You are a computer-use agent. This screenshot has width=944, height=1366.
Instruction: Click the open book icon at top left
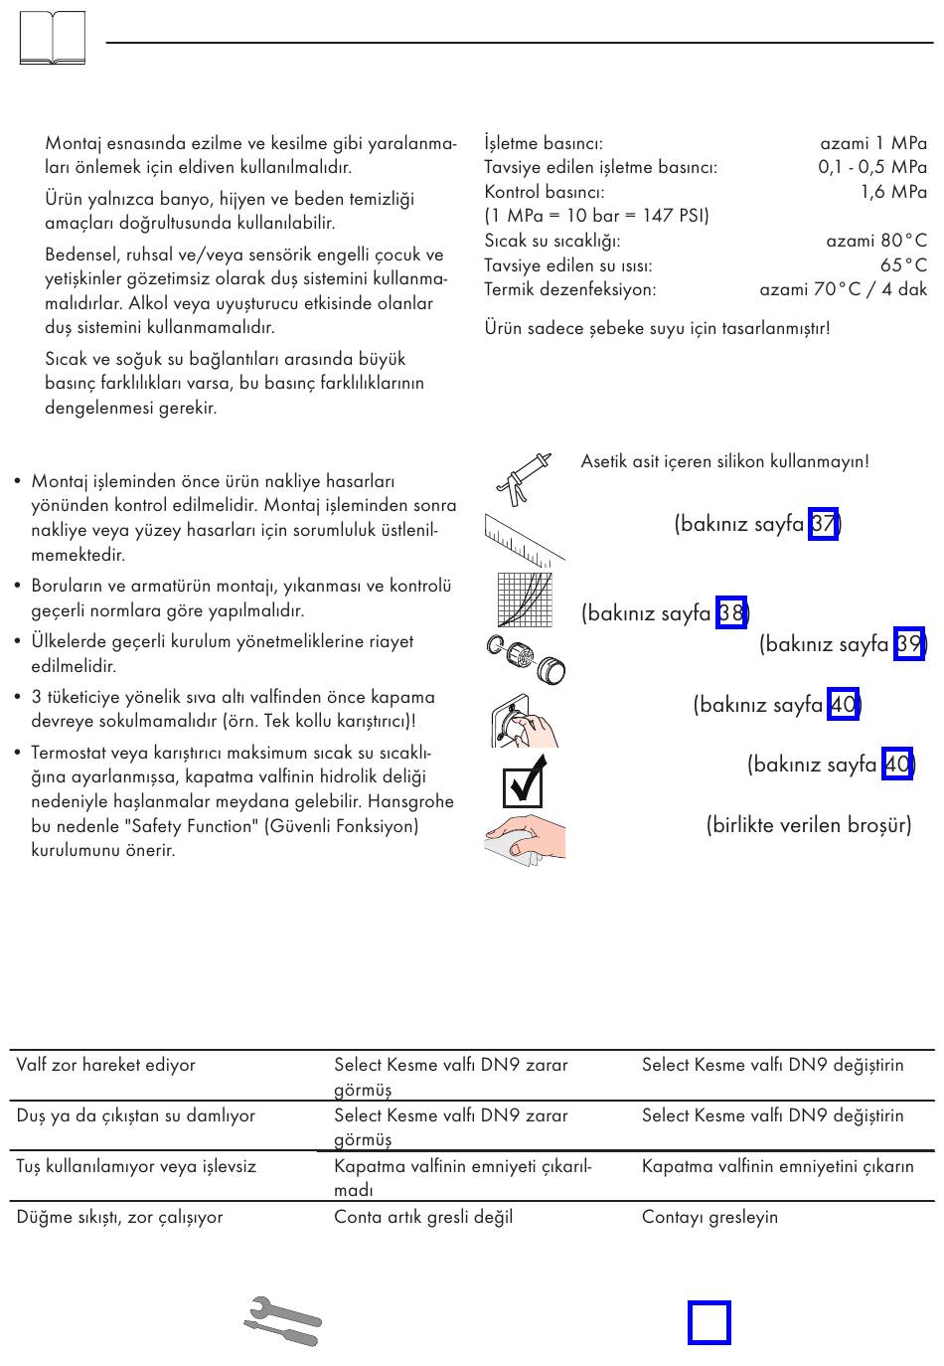tap(52, 38)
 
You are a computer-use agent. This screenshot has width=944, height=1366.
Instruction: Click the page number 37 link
tap(824, 523)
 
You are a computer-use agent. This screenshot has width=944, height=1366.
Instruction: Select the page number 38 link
tap(730, 612)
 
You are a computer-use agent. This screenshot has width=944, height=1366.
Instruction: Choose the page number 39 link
tap(909, 644)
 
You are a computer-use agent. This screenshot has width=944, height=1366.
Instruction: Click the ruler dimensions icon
tap(523, 541)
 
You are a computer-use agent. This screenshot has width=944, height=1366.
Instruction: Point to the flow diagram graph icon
tap(525, 599)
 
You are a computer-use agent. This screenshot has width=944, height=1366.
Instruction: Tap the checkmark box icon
tap(524, 782)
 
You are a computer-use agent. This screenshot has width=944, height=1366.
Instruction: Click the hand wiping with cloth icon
tap(526, 837)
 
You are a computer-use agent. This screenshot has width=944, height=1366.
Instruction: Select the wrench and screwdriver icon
tap(283, 1321)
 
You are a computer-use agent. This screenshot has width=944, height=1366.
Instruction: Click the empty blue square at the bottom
tap(709, 1323)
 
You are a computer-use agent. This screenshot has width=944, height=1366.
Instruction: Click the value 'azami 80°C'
tap(875, 241)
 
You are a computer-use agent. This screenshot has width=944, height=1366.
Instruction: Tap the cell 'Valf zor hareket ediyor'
tap(105, 1065)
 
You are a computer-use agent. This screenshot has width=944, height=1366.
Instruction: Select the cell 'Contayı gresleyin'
tap(709, 1217)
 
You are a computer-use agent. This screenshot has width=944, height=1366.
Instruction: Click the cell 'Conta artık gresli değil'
tap(423, 1217)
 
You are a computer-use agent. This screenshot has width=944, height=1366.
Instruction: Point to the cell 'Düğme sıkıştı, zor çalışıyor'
tap(119, 1217)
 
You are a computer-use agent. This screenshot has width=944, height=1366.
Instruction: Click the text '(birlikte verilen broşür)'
tap(809, 825)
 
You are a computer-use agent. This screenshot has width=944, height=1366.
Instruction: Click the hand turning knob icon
tap(524, 722)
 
